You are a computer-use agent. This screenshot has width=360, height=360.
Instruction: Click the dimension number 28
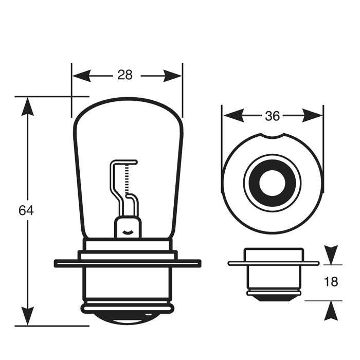tap(125, 75)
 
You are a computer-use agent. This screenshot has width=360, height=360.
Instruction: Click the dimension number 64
tap(26, 210)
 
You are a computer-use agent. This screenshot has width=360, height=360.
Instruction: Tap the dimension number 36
tap(272, 116)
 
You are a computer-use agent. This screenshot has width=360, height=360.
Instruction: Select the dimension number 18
tap(331, 281)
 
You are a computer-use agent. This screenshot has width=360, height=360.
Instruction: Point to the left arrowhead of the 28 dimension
tap(81, 76)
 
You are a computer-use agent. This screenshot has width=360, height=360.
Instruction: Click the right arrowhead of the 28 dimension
tap(172, 76)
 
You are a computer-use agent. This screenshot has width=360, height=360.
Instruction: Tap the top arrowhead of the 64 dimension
tap(28, 106)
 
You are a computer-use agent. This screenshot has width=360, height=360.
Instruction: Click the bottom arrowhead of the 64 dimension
tap(28, 316)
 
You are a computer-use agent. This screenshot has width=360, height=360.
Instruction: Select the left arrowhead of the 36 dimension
tap(233, 116)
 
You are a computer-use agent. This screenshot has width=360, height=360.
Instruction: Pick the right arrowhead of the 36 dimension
tap(313, 116)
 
